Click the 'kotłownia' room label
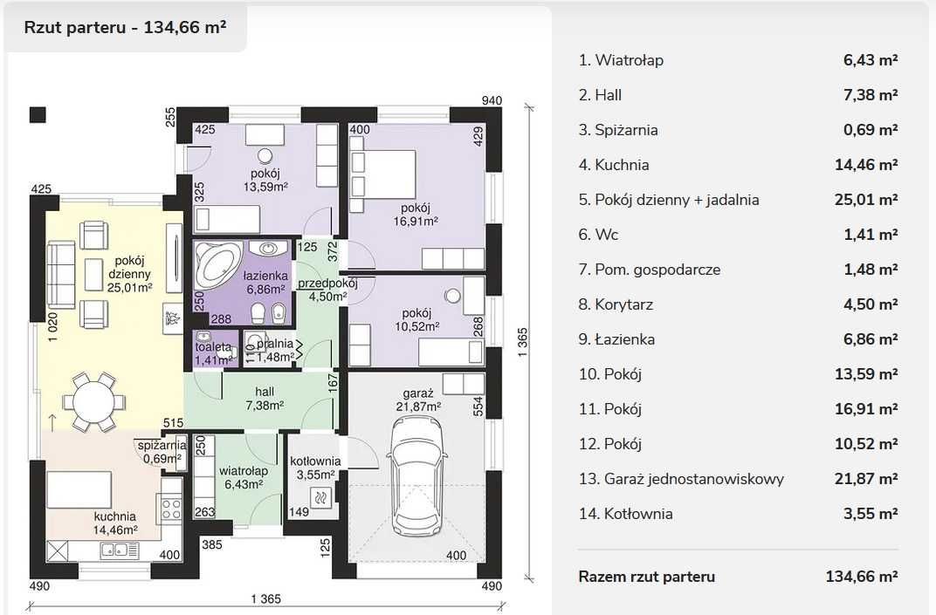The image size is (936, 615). [315, 461]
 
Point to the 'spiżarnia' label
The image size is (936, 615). [162, 445]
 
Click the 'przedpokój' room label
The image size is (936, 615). [327, 283]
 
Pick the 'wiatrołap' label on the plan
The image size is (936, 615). [244, 471]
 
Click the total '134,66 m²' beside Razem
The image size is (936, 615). [862, 577]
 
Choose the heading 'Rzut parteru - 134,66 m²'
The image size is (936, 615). [126, 27]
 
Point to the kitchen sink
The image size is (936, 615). [120, 550]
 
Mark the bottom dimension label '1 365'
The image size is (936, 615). [265, 598]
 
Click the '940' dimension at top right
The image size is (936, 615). [492, 100]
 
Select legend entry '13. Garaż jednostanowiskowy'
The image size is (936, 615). [681, 479]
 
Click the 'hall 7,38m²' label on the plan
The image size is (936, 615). [265, 399]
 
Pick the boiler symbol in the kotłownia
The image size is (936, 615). [321, 496]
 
